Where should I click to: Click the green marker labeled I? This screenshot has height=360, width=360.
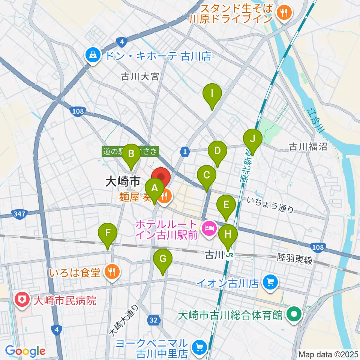(212, 94)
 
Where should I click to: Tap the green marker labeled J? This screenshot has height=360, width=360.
(253, 139)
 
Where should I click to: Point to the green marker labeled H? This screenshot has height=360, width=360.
(228, 235)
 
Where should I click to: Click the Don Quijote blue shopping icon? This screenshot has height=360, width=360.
(91, 55)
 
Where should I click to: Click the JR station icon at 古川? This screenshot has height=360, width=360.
(229, 256)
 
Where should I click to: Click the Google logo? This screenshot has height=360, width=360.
(25, 351)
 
